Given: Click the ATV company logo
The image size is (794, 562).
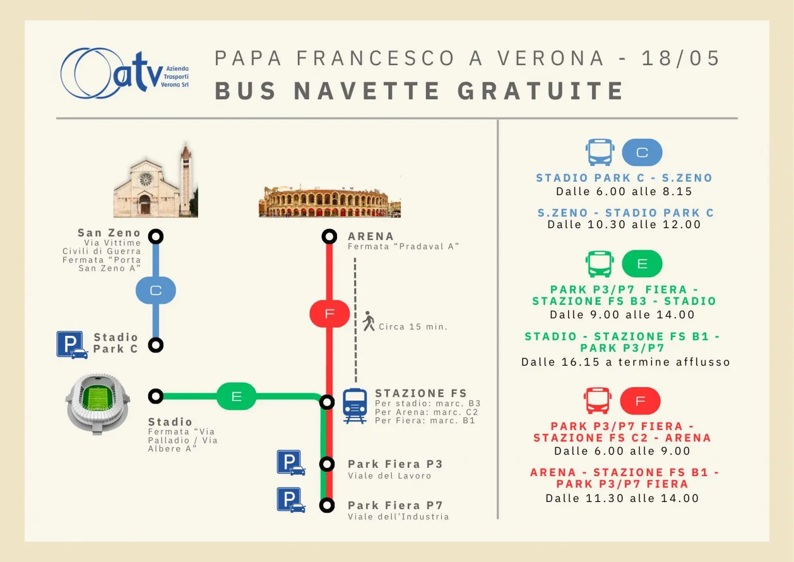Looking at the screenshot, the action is coord(125,73).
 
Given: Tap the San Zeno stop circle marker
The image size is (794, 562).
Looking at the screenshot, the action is coord(156,236).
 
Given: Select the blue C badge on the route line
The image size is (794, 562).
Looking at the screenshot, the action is coord(156,290).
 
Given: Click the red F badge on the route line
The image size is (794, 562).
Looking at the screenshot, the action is coord(330,314).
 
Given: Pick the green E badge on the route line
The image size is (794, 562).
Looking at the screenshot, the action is coord(236,396).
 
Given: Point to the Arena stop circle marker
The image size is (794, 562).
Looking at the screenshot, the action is coord(329,236).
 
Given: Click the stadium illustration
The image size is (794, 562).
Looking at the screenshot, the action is coord(98,404).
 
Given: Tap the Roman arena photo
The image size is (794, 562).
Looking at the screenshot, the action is coord(330,200).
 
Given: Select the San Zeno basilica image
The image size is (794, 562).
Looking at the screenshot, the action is coord(156,180).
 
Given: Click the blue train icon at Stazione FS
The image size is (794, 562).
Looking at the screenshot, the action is coord(355,406).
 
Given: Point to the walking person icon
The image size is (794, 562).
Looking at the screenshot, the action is coord(369,321).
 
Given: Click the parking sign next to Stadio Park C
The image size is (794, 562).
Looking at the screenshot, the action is coord(72,345).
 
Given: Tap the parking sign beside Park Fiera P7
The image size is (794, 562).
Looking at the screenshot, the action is coord(291,500).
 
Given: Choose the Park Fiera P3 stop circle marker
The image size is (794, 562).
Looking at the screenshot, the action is coord(327,464).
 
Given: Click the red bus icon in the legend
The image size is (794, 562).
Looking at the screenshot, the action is coord(598,401).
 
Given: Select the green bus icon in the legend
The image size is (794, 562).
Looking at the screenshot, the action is coord(600,263).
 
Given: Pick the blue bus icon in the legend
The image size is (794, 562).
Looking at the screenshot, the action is coord(600,152).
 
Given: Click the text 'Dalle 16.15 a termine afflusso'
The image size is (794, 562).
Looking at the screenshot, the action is coord(625,362).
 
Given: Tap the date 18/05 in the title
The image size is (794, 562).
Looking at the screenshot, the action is coord(681,58).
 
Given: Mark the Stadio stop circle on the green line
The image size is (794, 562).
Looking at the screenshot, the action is coord(156,396).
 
